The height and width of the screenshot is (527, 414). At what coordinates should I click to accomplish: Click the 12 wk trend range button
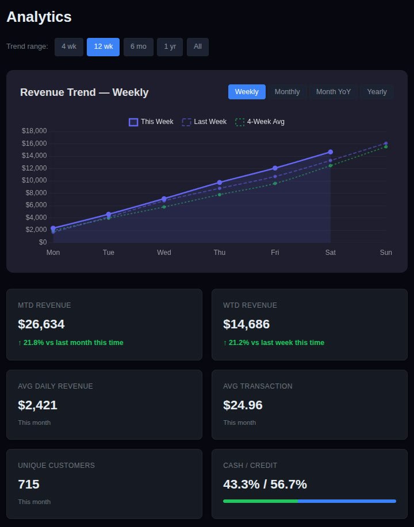103,47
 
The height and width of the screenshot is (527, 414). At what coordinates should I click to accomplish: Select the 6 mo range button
138,47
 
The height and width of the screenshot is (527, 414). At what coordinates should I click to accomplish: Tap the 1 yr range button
170,47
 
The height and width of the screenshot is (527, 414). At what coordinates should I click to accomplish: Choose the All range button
198,47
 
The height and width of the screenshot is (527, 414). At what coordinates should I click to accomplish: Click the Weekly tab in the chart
247,92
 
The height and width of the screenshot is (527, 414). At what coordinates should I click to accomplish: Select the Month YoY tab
333,92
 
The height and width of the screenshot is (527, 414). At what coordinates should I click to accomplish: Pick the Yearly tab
377,92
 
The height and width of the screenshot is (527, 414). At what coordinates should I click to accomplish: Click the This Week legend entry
151,122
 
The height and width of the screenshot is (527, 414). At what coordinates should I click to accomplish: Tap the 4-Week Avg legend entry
260,122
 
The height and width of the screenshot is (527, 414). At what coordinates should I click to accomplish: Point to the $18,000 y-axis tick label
34,131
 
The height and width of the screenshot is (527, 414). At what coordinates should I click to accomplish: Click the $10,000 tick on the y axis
34,180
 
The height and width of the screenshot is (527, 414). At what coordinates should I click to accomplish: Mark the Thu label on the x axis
220,253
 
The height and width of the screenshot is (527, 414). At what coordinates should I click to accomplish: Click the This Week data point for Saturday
331,152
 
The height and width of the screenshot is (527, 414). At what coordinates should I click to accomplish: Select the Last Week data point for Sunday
386,144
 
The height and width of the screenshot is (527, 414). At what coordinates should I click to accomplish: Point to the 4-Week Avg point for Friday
275,183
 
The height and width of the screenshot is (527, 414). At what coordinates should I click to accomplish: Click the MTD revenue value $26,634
41,324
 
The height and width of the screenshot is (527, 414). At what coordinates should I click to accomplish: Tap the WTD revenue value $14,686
246,324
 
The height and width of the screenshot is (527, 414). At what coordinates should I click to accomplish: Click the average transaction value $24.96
243,405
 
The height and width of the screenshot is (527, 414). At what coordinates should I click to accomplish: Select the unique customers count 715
29,485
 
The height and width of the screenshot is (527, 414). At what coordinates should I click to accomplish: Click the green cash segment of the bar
260,501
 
